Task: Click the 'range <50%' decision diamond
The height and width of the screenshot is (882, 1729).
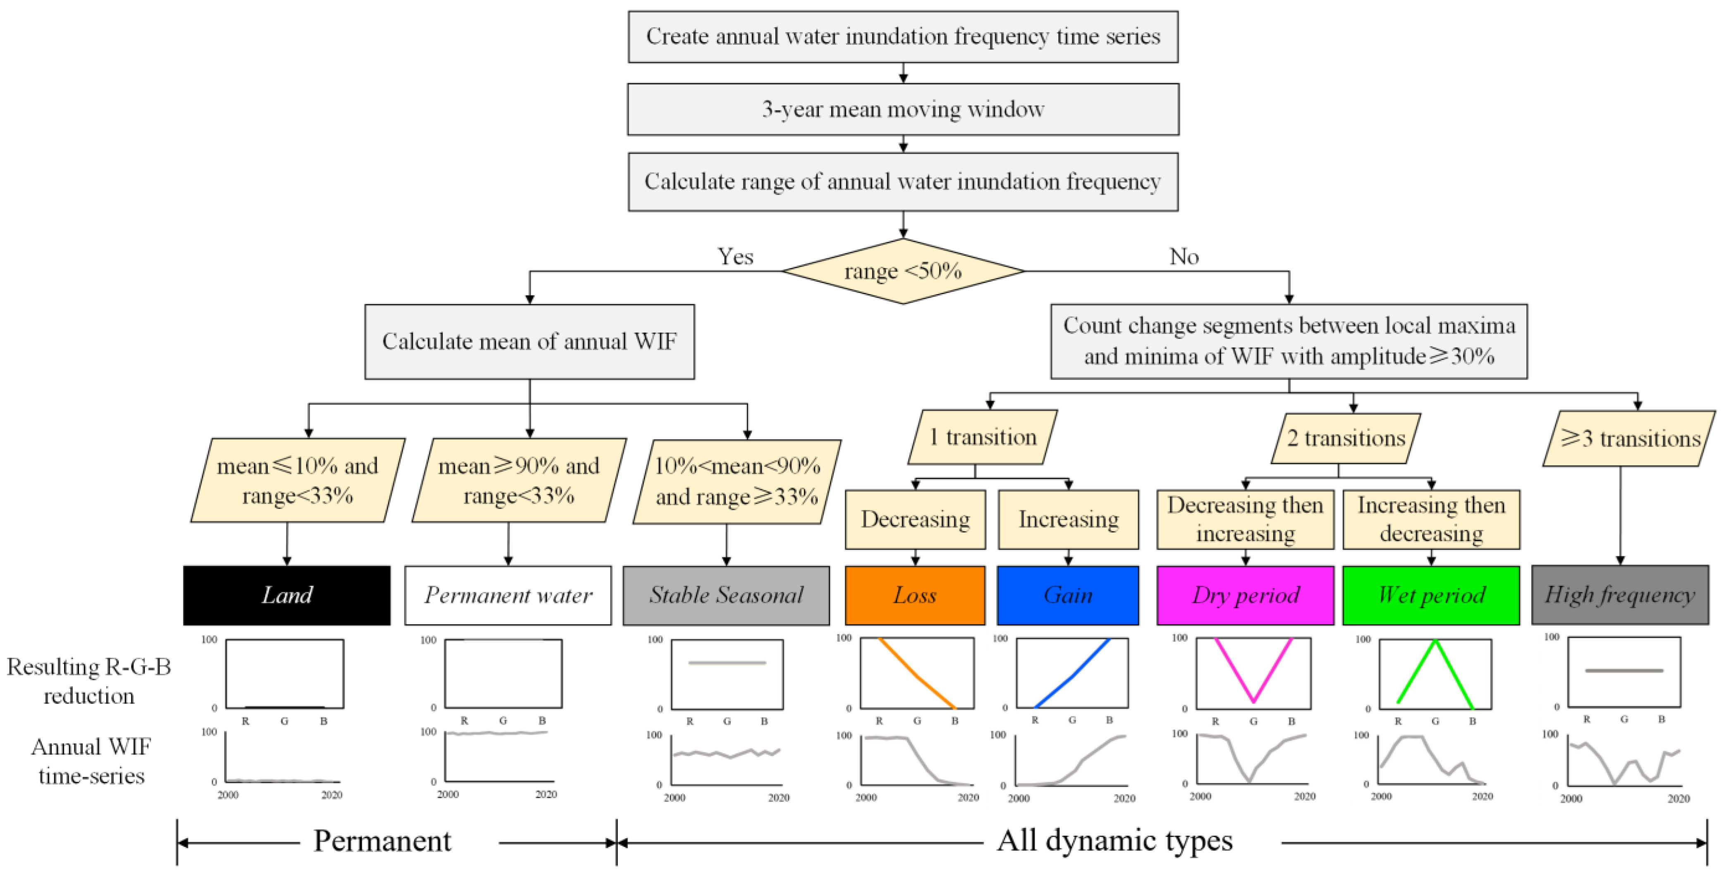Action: pos(903,271)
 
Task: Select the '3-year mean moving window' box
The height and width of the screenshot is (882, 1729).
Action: pos(903,109)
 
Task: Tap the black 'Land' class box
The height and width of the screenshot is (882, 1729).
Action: pos(287,595)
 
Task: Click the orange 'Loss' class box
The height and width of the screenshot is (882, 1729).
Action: pos(914,595)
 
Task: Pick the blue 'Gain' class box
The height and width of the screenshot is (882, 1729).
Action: pos(1067,595)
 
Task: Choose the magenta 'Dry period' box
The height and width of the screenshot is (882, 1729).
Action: pos(1245,595)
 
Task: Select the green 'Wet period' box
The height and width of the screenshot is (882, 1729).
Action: pos(1431,595)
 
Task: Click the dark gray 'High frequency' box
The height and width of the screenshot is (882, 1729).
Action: pos(1619,595)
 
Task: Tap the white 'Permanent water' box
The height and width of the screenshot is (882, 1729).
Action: pos(508,595)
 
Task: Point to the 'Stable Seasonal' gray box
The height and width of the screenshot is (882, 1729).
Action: pos(726,595)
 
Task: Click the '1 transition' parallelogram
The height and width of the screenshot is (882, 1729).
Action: pos(983,437)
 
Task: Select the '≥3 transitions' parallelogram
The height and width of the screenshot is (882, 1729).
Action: pos(1629,439)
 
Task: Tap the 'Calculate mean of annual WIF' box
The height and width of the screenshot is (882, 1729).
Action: pos(530,341)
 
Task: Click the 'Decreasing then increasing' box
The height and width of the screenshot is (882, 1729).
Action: pos(1245,519)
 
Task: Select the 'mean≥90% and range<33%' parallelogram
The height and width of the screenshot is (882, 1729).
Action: pos(519,480)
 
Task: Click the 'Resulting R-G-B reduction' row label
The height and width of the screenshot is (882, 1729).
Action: pos(88,681)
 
